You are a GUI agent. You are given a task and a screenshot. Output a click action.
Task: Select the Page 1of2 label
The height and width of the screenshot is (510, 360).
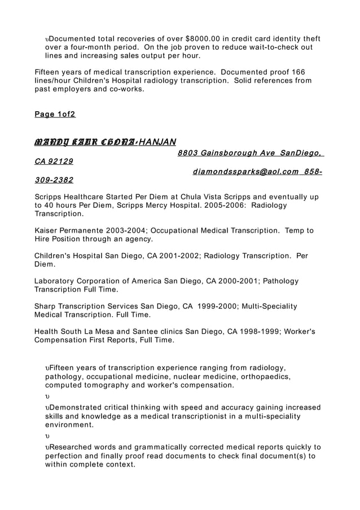click(55, 114)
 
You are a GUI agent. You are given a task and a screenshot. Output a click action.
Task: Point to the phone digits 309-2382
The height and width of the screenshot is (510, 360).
click(54, 180)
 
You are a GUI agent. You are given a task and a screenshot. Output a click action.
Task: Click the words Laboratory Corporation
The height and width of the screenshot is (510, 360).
click(81, 281)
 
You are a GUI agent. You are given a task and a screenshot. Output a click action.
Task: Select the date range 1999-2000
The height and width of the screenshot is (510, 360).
click(218, 306)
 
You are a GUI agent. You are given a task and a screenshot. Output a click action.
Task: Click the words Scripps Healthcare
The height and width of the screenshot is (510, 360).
click(71, 197)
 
